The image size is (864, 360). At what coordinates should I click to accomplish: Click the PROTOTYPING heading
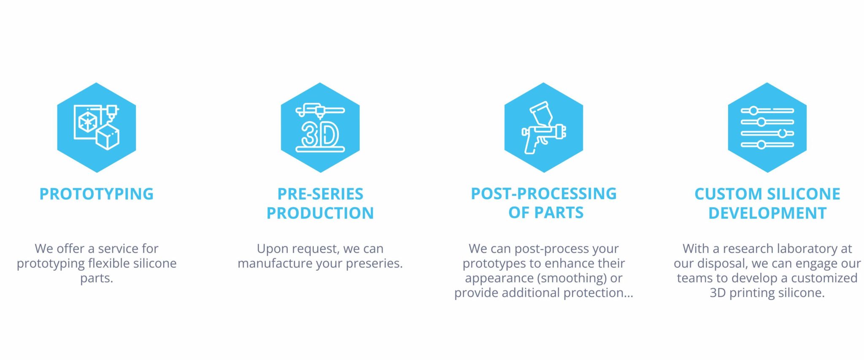pos(96,194)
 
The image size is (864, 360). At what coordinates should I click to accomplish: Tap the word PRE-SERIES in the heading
pos(320,194)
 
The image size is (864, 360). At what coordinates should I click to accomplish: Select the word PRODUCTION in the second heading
pos(320,213)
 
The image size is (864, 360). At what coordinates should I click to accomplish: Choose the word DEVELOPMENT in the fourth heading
pos(767,213)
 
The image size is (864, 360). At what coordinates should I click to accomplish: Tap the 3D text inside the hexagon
pos(320,135)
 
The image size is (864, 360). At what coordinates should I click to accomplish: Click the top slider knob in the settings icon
pos(753,111)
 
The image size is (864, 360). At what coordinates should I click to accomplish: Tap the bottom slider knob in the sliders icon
pos(761,145)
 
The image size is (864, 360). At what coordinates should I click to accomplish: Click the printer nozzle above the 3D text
pos(320,113)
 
